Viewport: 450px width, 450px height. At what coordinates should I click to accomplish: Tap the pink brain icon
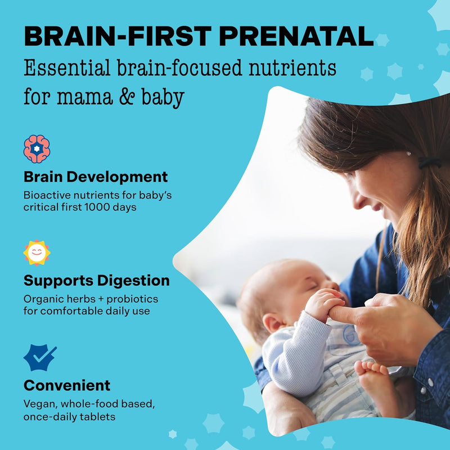pyautogui.click(x=37, y=149)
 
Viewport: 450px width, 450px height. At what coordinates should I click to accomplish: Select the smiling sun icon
pyautogui.click(x=37, y=253)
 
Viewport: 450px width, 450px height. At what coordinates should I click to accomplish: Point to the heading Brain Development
pyautogui.click(x=96, y=177)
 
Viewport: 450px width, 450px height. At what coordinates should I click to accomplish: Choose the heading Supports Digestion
pyautogui.click(x=96, y=280)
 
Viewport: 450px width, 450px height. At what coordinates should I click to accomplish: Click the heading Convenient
pyautogui.click(x=67, y=385)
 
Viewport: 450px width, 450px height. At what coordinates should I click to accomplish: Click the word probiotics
pyautogui.click(x=133, y=299)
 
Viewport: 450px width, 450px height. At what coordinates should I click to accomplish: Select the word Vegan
pyautogui.click(x=38, y=403)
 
